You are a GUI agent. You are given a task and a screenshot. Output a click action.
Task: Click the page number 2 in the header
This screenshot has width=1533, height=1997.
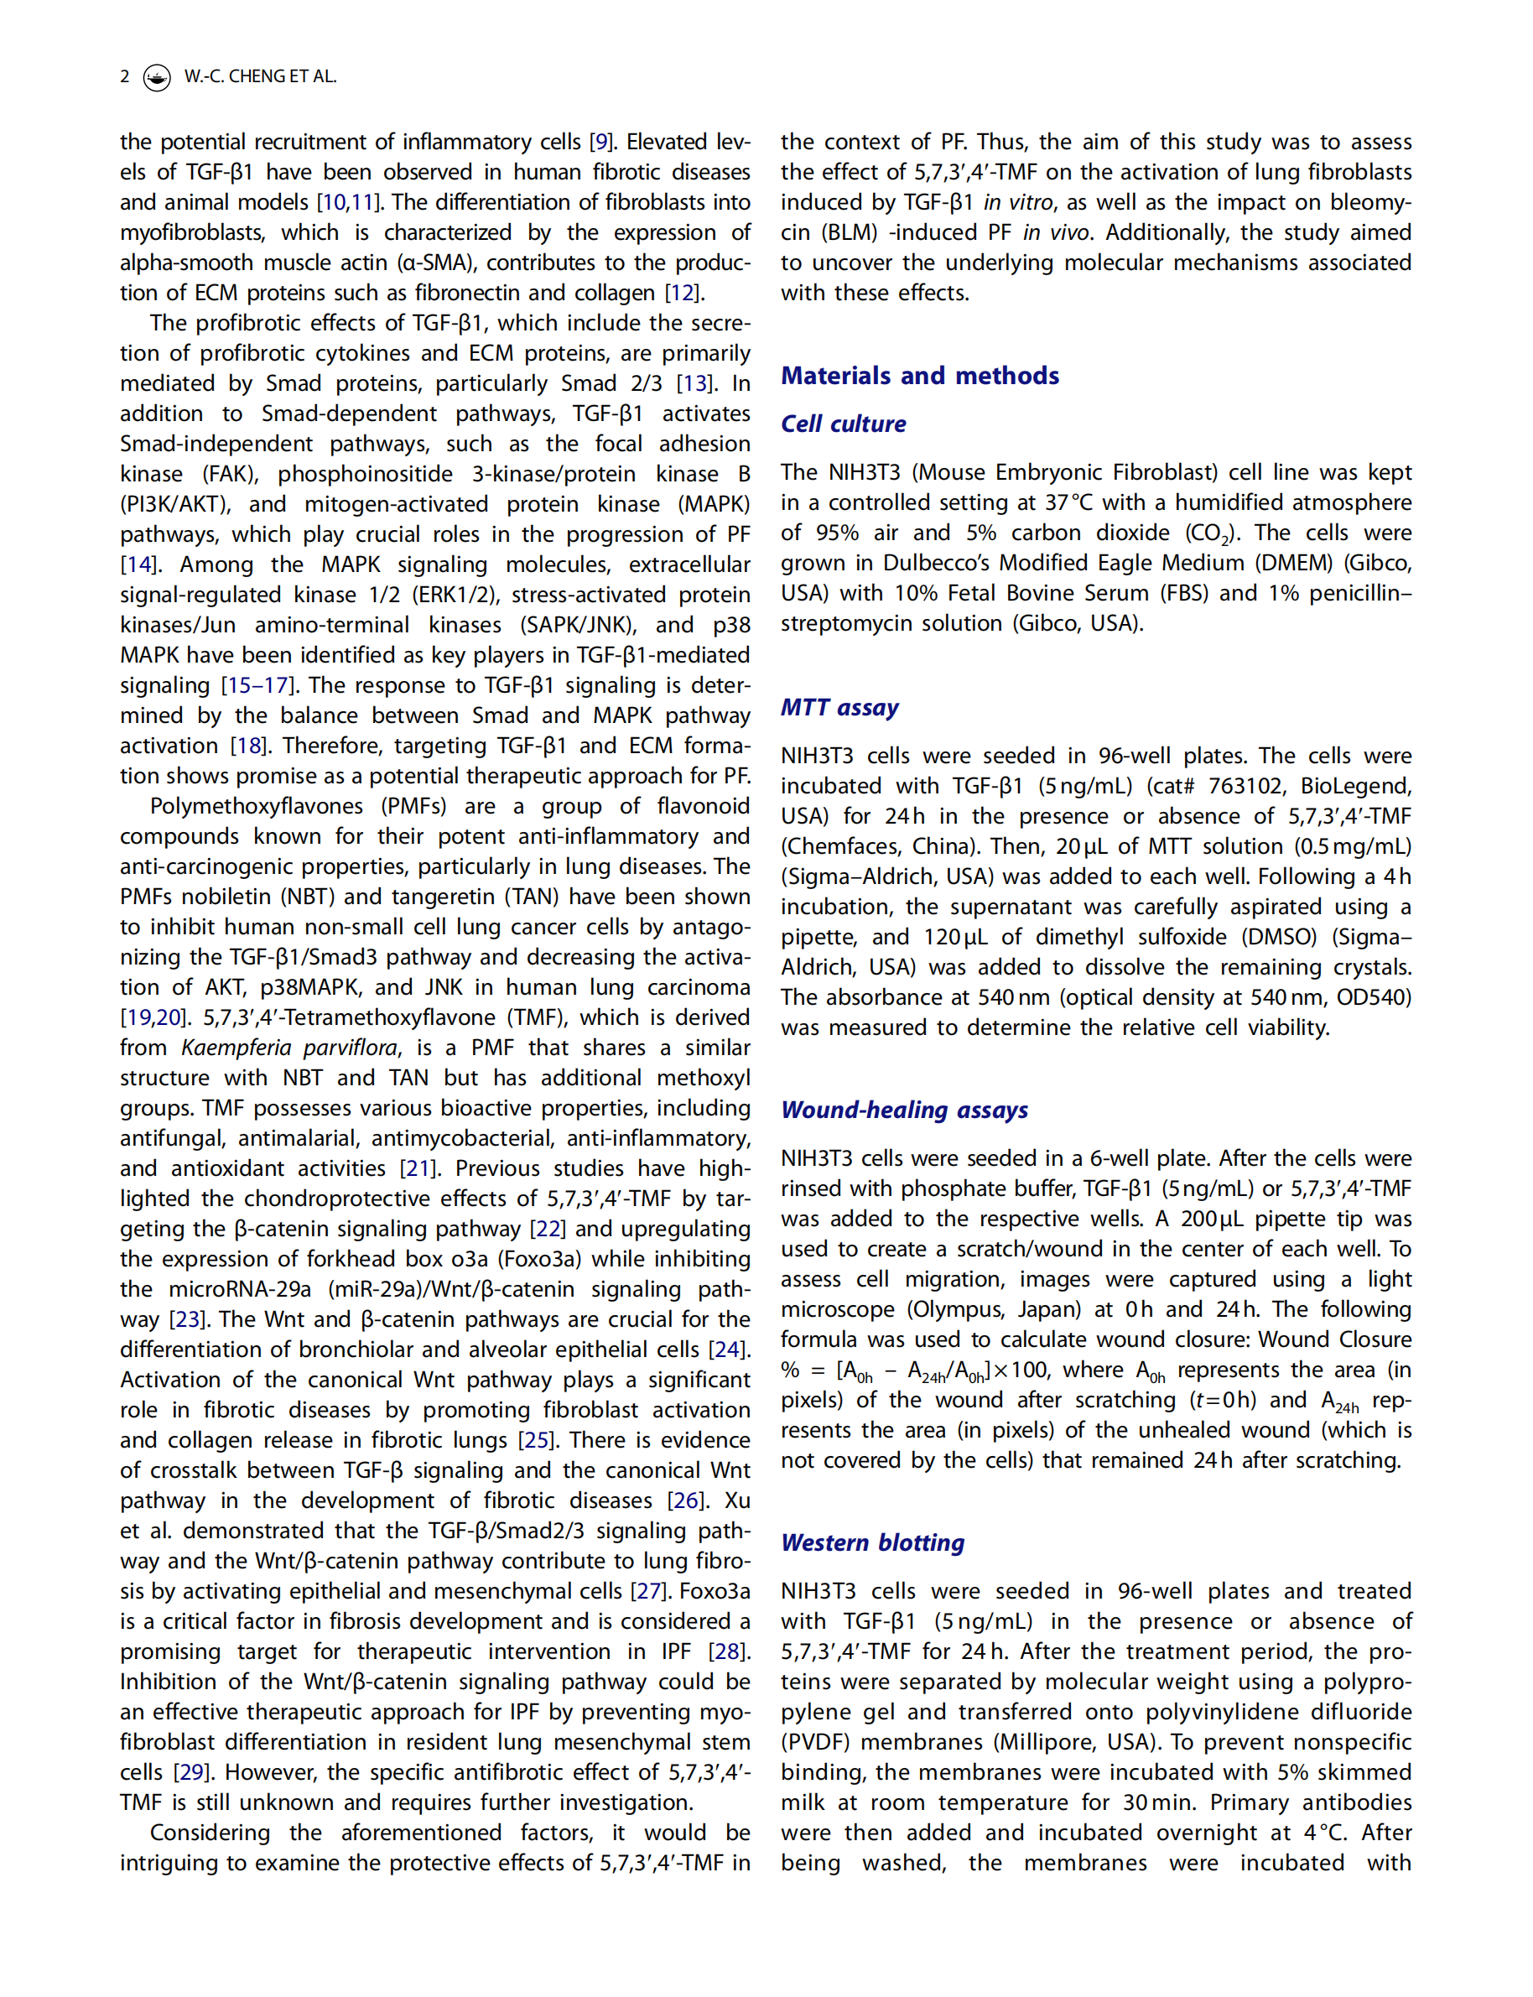(x=124, y=76)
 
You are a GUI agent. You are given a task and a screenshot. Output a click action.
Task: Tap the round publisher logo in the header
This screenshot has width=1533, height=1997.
(x=157, y=77)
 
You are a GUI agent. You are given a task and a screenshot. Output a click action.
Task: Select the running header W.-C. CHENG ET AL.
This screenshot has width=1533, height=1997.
(x=260, y=76)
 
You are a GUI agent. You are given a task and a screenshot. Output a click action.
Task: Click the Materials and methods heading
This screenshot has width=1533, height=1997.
(x=919, y=375)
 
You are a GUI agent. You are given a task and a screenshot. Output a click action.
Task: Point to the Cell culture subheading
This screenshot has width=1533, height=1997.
(x=843, y=424)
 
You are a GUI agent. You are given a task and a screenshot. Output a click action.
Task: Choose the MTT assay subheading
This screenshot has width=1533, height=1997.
(x=839, y=707)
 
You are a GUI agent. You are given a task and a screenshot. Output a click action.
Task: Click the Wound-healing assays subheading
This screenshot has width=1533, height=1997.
(x=904, y=1110)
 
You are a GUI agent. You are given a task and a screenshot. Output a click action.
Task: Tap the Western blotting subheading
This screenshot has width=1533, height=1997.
(x=872, y=1542)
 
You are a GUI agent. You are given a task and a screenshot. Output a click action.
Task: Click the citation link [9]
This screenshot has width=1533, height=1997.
(x=600, y=143)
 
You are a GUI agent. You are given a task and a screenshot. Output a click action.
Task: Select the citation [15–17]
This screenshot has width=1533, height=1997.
(x=257, y=685)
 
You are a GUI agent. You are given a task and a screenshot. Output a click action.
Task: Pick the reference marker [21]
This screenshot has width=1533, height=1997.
(x=418, y=1168)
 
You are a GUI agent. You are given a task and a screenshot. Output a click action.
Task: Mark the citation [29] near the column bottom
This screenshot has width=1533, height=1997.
(x=190, y=1772)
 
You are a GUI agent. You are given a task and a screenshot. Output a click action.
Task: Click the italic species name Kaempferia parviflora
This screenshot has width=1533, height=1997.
(x=289, y=1048)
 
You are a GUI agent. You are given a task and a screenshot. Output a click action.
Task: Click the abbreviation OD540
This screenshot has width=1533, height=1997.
(x=1374, y=997)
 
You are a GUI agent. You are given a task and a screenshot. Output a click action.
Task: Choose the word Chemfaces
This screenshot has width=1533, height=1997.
(x=832, y=846)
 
